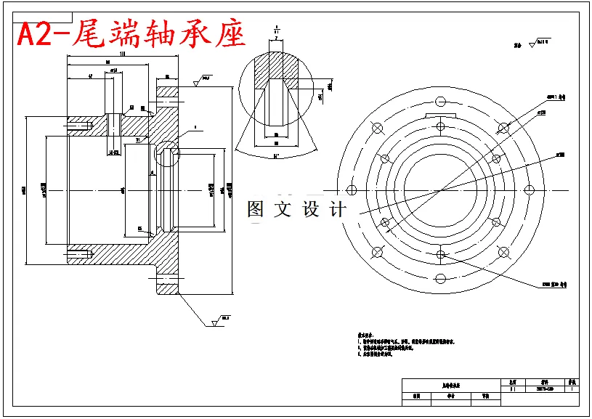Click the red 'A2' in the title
click(34, 34)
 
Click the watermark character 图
click(256, 210)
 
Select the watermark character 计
click(338, 210)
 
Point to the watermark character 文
click(283, 210)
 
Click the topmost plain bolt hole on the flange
click(440, 100)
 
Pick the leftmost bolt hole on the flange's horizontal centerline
click(352, 190)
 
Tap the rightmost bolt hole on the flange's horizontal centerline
click(530, 190)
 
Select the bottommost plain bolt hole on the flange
click(440, 279)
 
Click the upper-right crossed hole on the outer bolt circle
click(503, 128)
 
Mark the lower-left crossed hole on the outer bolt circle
click(377, 252)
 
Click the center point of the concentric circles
click(440, 190)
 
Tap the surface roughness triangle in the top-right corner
click(532, 44)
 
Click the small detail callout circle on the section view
click(168, 153)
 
